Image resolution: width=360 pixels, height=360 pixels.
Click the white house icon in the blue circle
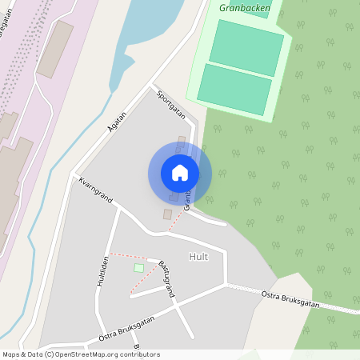pyautogui.click(x=180, y=173)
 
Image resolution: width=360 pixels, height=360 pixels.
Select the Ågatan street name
pyautogui.click(x=117, y=121)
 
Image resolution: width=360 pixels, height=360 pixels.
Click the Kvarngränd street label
pyautogui.click(x=94, y=190)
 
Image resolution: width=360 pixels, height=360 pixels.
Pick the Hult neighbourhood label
pyautogui.click(x=198, y=256)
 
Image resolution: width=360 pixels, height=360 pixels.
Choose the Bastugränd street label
pyautogui.click(x=166, y=278)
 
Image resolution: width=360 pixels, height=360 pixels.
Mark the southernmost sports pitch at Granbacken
pyautogui.click(x=234, y=89)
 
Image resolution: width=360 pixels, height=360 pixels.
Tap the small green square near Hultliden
pyautogui.click(x=138, y=268)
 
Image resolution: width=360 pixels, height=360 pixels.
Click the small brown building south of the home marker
pyautogui.click(x=167, y=214)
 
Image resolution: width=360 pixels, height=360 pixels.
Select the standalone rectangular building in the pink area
pyautogui.click(x=54, y=49)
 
